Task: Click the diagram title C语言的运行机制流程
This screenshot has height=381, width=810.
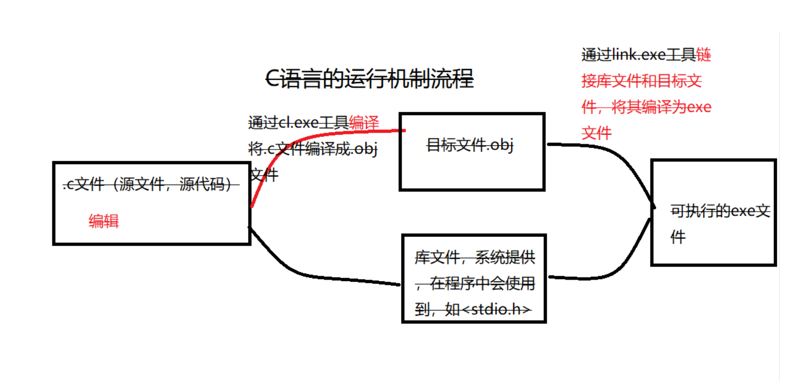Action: pos(370,79)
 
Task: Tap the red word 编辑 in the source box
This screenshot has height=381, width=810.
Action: pos(104,221)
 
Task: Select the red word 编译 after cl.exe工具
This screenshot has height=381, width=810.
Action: pos(364,122)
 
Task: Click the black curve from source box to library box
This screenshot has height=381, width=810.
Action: pos(314,274)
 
